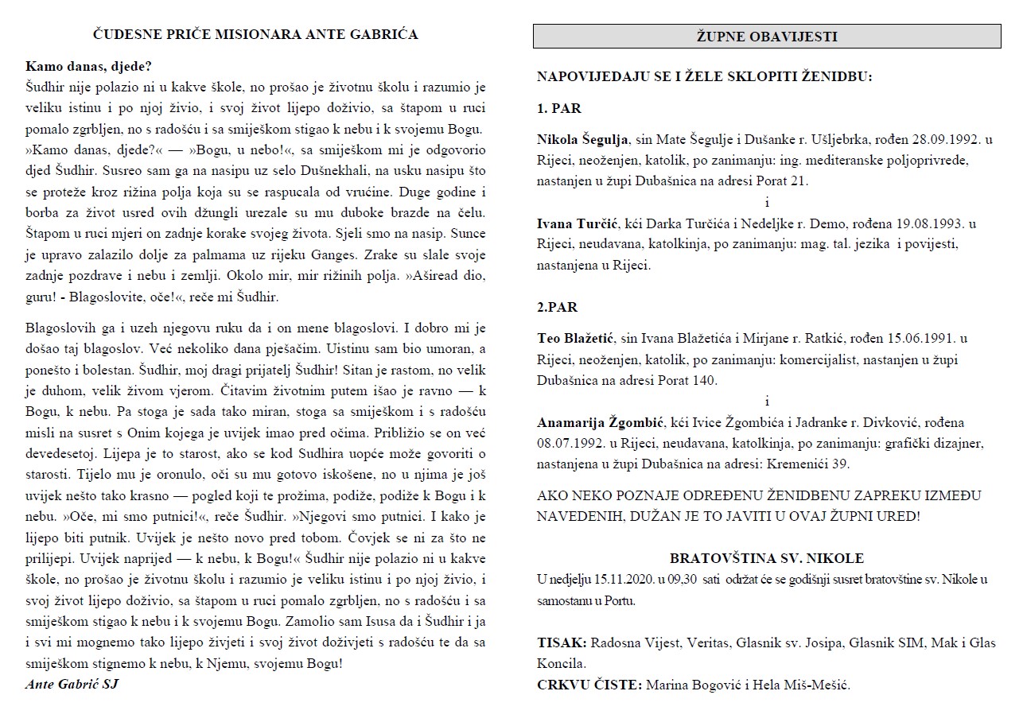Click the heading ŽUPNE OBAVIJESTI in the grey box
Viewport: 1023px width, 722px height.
(767, 37)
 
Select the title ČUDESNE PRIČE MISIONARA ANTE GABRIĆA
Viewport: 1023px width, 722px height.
(255, 34)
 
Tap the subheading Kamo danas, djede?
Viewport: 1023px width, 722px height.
(88, 66)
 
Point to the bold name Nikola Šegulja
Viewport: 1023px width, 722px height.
(583, 139)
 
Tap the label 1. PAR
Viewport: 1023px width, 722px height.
(559, 109)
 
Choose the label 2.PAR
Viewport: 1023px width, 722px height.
(557, 308)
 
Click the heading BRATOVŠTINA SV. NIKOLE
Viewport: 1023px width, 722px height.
(766, 558)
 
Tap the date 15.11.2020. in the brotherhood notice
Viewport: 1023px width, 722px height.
(629, 579)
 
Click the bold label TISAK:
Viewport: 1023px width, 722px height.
(562, 642)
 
